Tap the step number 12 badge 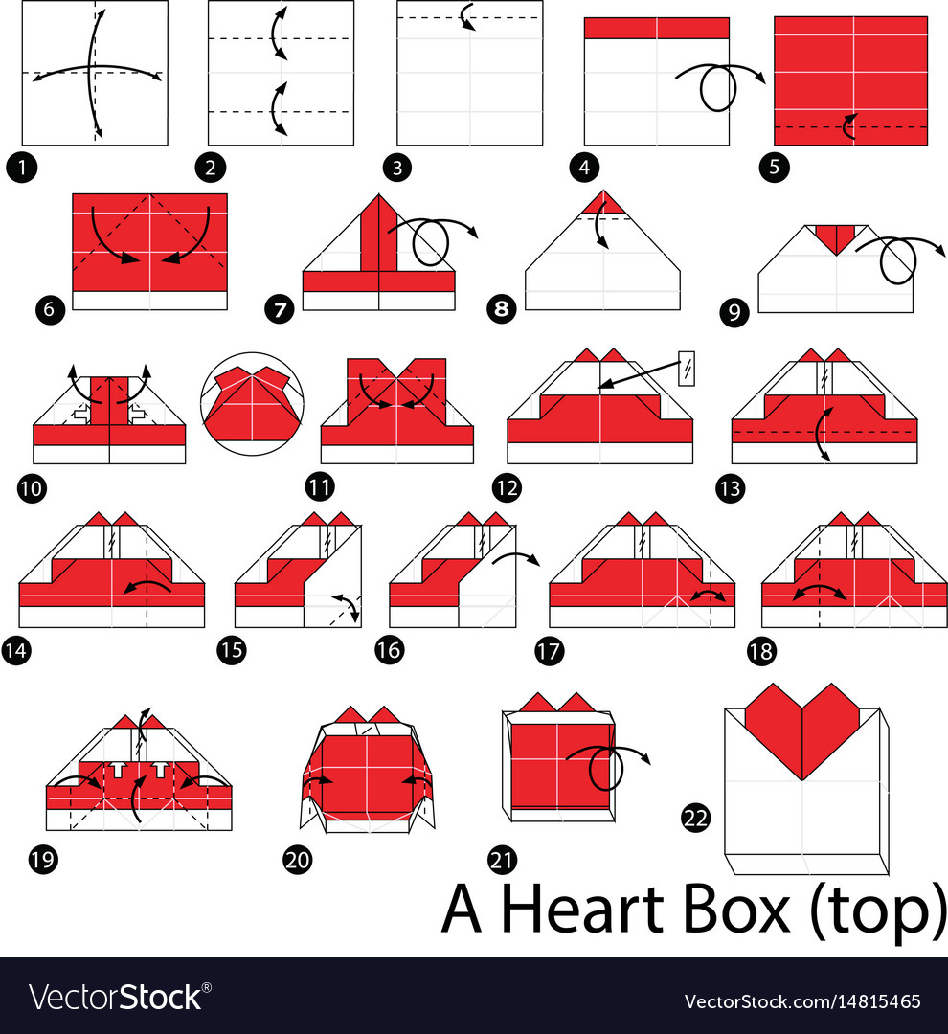(507, 487)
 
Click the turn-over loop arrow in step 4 (718, 88)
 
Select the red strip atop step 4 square (656, 28)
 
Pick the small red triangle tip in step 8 (602, 204)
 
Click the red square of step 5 (850, 80)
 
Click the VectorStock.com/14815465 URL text (802, 1001)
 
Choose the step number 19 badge (43, 858)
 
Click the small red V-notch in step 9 (835, 238)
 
